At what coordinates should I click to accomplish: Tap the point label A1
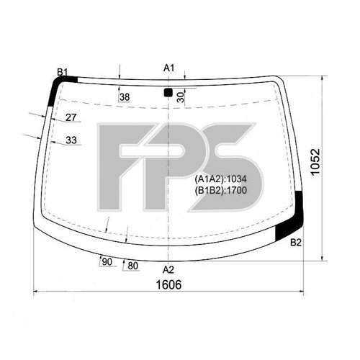168,68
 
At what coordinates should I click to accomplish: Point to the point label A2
168,269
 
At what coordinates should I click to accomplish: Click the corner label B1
63,71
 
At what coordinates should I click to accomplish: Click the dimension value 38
125,97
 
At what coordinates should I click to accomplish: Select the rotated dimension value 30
180,97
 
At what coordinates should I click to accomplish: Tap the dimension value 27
71,117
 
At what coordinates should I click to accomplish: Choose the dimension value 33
71,140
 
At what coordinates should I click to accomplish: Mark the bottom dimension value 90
107,262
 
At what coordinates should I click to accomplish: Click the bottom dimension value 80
132,266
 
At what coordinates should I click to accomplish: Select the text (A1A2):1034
220,179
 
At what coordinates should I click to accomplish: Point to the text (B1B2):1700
220,190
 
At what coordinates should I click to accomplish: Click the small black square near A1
168,92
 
